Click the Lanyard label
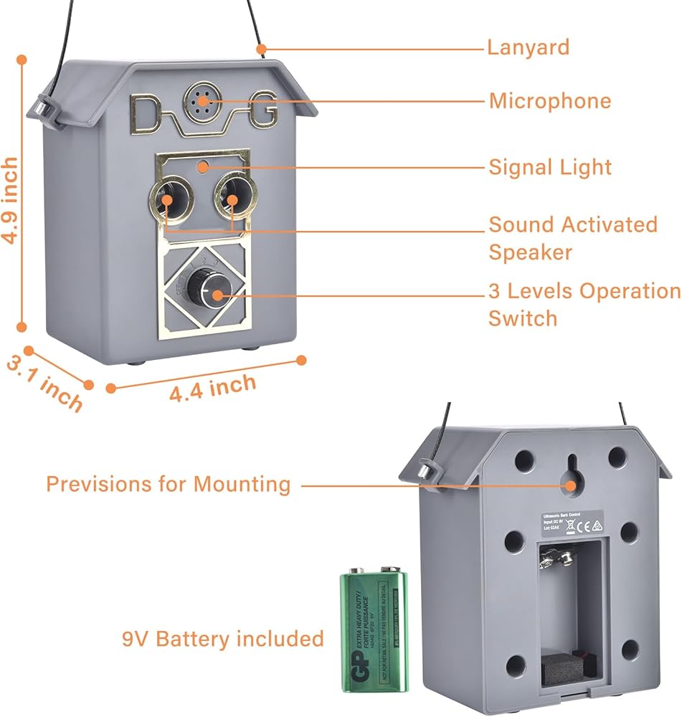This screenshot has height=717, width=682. click(x=528, y=48)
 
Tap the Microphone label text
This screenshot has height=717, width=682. click(x=550, y=101)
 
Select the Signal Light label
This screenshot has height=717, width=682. click(x=550, y=168)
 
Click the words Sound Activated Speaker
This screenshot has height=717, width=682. click(x=572, y=237)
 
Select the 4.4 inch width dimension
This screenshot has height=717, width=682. click(x=212, y=388)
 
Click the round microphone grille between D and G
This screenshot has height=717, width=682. click(x=203, y=102)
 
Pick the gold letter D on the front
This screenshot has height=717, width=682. click(x=148, y=113)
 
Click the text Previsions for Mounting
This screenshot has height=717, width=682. click(x=169, y=484)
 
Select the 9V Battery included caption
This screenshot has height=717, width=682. click(x=222, y=638)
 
